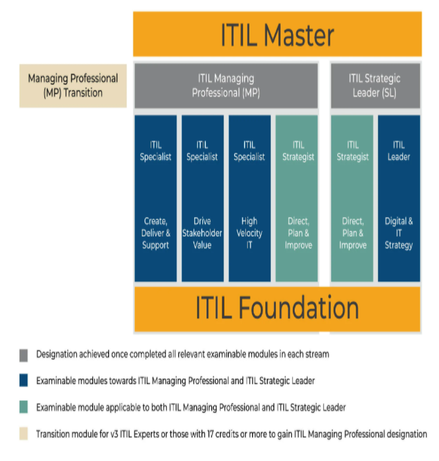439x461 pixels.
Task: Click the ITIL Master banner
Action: click(277, 35)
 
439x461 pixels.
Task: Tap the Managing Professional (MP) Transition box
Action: click(73, 86)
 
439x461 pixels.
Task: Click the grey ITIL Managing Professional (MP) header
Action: click(226, 86)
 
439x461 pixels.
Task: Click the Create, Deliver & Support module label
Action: click(155, 233)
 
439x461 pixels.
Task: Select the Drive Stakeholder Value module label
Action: click(202, 233)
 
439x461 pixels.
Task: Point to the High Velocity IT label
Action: click(249, 233)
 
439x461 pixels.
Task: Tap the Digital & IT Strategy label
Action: click(399, 233)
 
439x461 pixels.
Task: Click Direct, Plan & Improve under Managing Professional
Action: click(298, 233)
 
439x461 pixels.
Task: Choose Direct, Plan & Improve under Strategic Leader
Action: click(353, 233)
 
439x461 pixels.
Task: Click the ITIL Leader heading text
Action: click(399, 151)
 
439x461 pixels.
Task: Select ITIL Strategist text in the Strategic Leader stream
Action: click(353, 151)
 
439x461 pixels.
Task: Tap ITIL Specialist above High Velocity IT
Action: click(249, 151)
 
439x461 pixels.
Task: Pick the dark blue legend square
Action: click(23, 381)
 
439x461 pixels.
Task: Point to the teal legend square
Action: click(23, 407)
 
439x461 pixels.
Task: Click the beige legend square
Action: click(23, 434)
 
